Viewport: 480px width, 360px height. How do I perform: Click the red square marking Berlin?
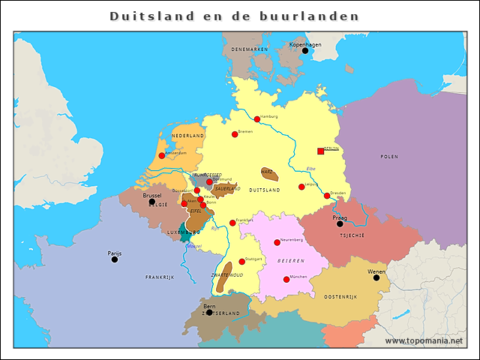click(x=321, y=151)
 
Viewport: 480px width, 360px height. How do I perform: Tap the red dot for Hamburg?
click(x=256, y=119)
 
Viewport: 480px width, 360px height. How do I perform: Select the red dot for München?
click(x=286, y=280)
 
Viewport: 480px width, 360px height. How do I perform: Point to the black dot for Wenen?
click(x=376, y=277)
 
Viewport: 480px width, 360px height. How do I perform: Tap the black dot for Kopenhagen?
click(x=304, y=51)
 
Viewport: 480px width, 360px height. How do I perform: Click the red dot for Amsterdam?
click(x=161, y=156)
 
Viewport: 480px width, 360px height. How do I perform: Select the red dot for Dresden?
click(x=327, y=196)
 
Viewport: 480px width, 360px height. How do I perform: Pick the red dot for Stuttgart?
click(x=241, y=262)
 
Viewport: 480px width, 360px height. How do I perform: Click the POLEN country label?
click(x=388, y=157)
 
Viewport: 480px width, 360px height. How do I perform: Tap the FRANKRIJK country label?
click(x=160, y=277)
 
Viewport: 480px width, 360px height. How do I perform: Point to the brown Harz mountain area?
click(x=269, y=175)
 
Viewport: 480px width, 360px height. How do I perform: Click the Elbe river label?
click(x=311, y=168)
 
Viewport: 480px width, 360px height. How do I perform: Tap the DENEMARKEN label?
click(x=249, y=49)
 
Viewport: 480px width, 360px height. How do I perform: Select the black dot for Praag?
click(x=340, y=223)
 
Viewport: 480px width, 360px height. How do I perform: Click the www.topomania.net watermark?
click(x=424, y=341)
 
